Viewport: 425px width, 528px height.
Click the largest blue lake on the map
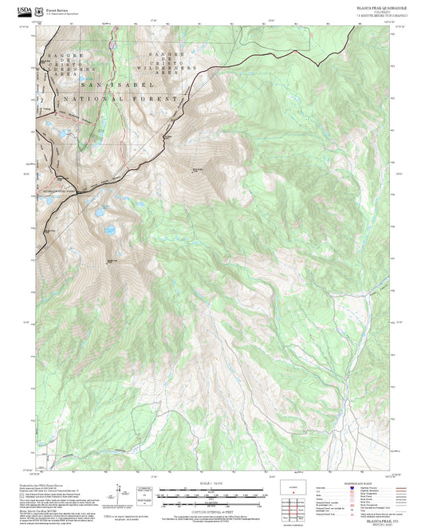[101, 214]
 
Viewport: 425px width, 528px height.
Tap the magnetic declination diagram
[120, 493]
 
